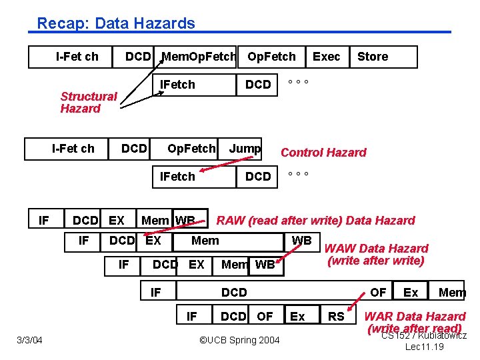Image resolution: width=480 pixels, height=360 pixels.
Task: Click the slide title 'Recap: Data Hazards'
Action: pos(116,23)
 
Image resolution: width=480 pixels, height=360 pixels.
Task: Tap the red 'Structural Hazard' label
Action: pos(88,102)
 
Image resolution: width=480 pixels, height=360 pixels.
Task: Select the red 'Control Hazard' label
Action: pos(323,152)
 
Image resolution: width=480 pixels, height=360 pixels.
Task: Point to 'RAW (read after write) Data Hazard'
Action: pos(316,220)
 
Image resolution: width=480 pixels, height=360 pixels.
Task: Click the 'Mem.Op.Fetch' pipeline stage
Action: pos(199,57)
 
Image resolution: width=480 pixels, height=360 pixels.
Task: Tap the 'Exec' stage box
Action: pos(326,57)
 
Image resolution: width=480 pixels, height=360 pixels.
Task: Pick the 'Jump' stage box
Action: pos(245,148)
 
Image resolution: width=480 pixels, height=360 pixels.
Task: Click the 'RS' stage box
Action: pos(336,316)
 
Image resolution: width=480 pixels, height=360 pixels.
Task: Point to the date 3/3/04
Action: pos(29,341)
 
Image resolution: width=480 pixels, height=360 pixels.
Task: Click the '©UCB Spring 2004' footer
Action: pos(240,341)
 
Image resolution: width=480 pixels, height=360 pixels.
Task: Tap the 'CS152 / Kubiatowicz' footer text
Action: pos(423,335)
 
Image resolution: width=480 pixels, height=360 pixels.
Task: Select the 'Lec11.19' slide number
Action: pos(425,347)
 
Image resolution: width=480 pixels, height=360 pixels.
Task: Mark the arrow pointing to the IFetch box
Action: pos(144,101)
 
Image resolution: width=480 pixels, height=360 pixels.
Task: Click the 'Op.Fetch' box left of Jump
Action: pos(191,148)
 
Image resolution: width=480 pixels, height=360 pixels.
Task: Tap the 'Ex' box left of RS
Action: pos(297,316)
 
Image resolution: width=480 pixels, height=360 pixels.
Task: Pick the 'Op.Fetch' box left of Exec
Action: pos(271,57)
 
